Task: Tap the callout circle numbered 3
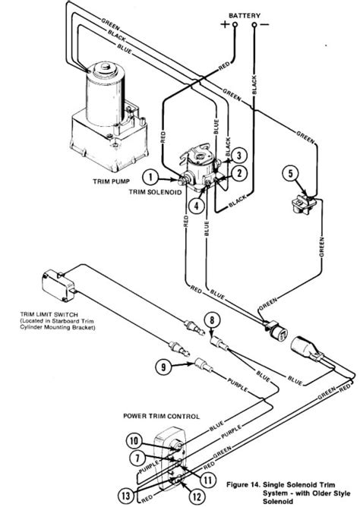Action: tap(238, 156)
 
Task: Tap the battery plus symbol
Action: tap(223, 25)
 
